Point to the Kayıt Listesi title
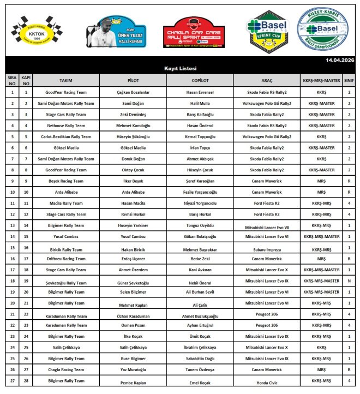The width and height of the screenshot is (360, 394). coord(180,68)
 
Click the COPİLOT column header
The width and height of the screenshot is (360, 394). coord(200,80)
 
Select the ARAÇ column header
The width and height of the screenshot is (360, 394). coord(267,80)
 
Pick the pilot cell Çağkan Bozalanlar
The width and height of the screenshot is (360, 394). coord(133,93)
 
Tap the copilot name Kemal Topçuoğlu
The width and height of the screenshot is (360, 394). coord(200,136)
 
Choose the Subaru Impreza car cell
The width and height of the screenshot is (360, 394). coord(267,249)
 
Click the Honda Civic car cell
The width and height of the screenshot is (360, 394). coord(267,382)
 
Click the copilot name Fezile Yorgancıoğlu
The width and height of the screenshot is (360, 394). coord(200,192)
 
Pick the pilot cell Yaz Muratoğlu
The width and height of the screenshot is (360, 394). coord(133,369)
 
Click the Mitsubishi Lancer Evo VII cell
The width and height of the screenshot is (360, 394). coord(267,226)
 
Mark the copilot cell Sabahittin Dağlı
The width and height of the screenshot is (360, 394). coord(200,359)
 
